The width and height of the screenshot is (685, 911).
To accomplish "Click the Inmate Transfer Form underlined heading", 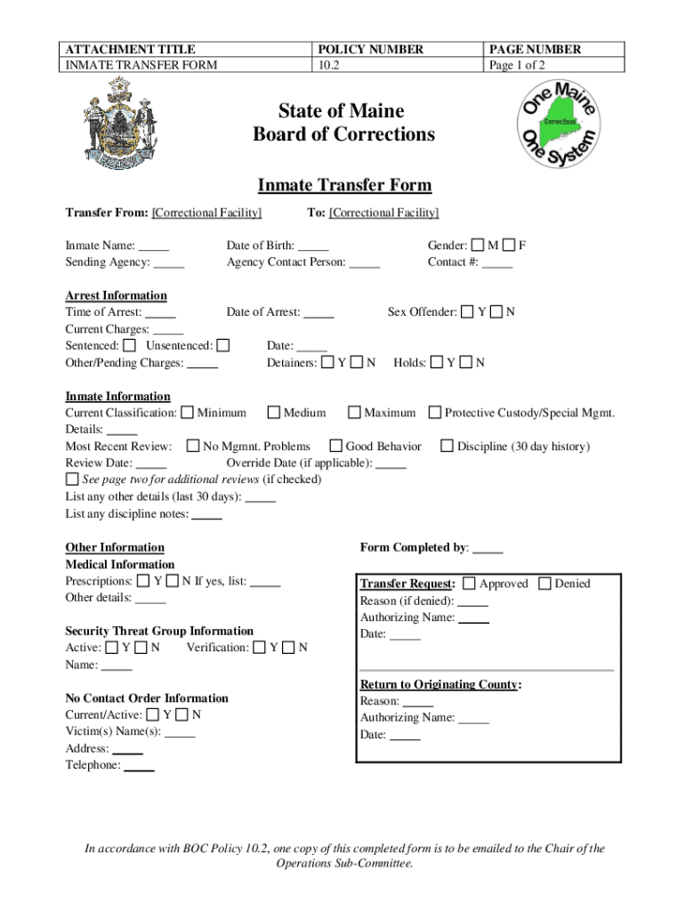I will [344, 185].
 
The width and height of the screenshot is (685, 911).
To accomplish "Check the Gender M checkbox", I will [479, 246].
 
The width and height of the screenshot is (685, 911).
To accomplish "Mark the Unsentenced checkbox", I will [223, 345].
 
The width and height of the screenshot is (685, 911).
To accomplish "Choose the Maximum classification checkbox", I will [354, 413].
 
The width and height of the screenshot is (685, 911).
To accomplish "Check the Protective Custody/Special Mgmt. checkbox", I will [435, 413].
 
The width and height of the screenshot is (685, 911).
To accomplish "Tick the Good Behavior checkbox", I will [336, 447].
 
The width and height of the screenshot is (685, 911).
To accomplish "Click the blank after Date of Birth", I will [313, 246].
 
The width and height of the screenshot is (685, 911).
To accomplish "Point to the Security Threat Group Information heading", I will [159, 631].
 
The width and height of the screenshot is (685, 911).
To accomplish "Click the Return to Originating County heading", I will [440, 684].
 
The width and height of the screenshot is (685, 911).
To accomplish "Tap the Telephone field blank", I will [139, 766].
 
